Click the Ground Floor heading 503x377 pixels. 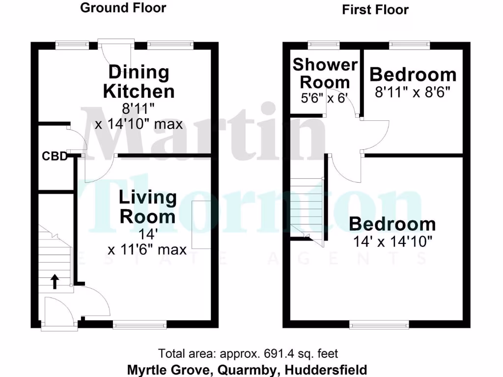(x=123, y=8)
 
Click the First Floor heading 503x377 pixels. (x=375, y=9)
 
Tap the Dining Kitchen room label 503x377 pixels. (x=139, y=81)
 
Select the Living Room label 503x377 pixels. (x=148, y=207)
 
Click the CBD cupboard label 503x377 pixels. (x=54, y=157)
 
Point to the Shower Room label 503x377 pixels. (x=325, y=73)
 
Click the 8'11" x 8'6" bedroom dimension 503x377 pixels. (x=413, y=93)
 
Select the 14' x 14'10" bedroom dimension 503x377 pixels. (x=392, y=242)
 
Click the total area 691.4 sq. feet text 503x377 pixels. (x=248, y=353)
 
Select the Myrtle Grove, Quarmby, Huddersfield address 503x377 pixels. (x=247, y=369)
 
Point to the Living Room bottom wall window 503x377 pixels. (x=140, y=324)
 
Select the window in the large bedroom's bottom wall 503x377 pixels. (x=378, y=324)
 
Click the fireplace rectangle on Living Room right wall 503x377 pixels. (x=201, y=224)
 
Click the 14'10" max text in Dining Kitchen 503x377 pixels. (x=139, y=124)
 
